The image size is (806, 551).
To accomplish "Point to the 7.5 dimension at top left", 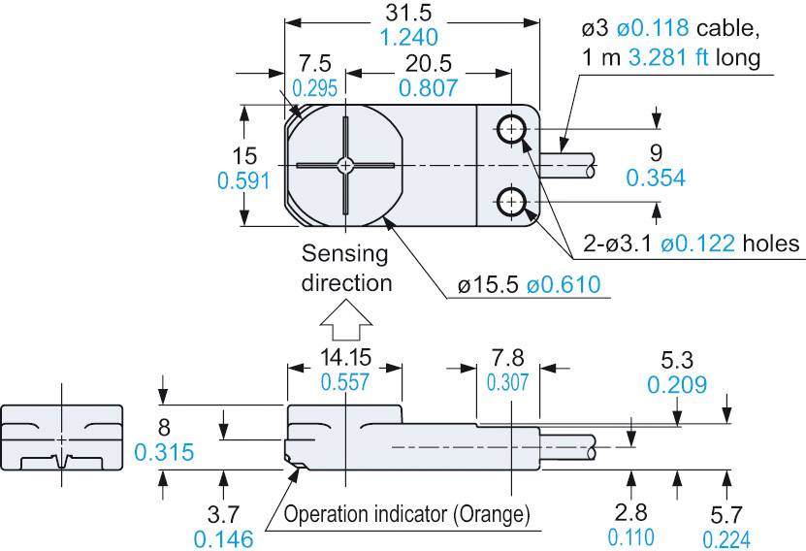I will point(315,64).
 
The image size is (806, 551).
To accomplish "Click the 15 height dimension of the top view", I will point(217,155).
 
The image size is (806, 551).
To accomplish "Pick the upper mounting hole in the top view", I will point(511,127).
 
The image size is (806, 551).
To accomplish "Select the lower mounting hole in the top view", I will point(511,202).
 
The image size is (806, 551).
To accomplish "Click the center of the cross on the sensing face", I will point(344,165).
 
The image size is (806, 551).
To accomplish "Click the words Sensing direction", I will point(345,269).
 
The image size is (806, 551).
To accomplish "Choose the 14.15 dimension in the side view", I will point(344,357).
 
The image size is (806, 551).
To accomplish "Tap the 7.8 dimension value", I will point(508,357).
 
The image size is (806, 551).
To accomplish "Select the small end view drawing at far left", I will point(62,436).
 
